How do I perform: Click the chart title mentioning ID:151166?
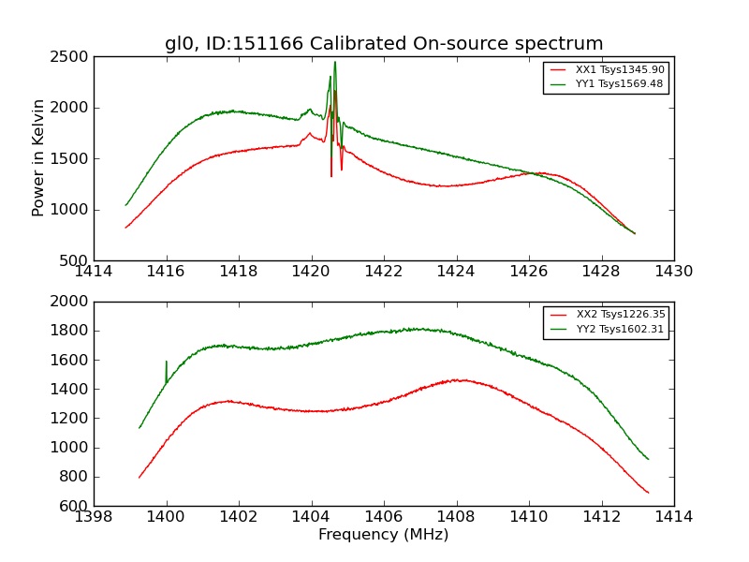[384, 44]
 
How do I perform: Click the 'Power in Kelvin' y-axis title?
[38, 157]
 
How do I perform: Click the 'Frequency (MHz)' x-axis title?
[384, 535]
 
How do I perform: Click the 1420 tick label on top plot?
[311, 272]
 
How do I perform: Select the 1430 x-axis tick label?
[674, 272]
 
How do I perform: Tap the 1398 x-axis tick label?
[94, 517]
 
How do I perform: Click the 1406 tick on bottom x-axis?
[384, 517]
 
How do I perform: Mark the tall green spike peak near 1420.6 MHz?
[335, 63]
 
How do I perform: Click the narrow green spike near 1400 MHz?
[167, 362]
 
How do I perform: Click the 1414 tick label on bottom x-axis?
[674, 517]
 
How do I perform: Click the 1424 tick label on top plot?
[456, 272]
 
